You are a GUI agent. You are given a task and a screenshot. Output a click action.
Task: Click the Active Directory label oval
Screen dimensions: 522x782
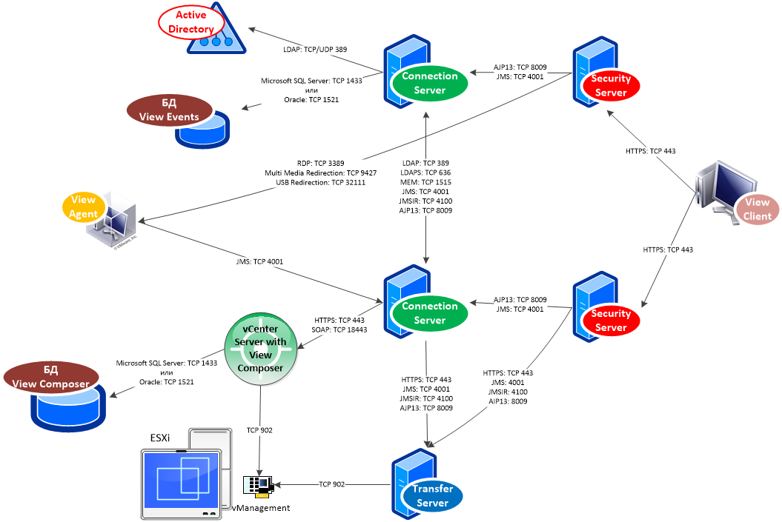tap(190, 22)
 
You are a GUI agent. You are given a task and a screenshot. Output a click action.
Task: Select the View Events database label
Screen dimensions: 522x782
tap(169, 110)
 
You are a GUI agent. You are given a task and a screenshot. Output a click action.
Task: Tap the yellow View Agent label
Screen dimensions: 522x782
tap(83, 207)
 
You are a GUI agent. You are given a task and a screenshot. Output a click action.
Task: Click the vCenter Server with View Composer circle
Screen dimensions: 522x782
tap(260, 348)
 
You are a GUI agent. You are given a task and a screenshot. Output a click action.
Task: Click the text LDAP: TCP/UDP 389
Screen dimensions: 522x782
tap(315, 50)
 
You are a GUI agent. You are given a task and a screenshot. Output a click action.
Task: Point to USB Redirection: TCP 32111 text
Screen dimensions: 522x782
tap(320, 182)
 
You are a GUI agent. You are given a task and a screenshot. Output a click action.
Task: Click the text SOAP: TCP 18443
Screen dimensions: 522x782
tap(339, 329)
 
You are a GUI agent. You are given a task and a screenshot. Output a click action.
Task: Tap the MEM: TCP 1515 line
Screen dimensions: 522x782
tap(425, 181)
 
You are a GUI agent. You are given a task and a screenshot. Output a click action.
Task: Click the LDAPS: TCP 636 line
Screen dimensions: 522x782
tap(425, 172)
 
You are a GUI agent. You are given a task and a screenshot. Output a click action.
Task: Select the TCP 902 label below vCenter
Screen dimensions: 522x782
tap(260, 429)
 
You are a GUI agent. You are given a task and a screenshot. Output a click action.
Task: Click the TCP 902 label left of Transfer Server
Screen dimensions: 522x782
tap(332, 484)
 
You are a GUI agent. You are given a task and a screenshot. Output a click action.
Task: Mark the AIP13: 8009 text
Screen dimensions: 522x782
tap(508, 401)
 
